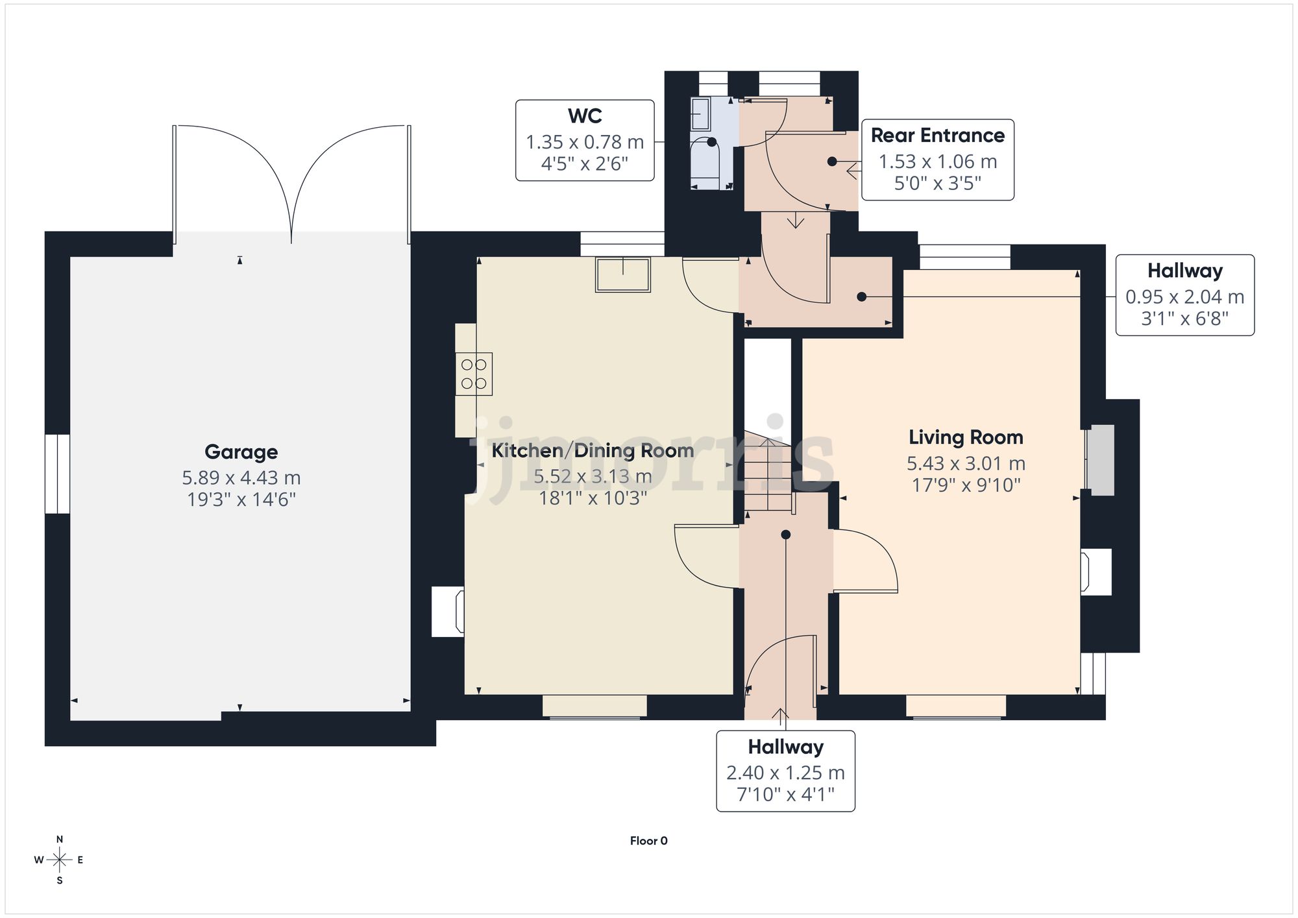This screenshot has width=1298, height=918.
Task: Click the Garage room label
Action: (241, 452)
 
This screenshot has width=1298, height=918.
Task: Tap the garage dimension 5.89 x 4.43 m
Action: (241, 478)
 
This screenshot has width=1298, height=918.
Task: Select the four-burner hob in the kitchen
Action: (474, 374)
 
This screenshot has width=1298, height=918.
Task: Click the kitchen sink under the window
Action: (623, 274)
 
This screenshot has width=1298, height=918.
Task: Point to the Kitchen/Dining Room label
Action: (592, 450)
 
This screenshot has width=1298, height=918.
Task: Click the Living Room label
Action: (966, 437)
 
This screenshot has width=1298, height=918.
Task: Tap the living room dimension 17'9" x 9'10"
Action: (966, 485)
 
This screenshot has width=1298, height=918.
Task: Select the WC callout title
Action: (585, 116)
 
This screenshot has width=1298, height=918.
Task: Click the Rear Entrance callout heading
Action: (937, 136)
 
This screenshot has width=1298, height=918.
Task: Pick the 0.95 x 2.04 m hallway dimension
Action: (1184, 297)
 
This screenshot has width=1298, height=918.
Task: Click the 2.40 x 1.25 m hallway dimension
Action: (785, 773)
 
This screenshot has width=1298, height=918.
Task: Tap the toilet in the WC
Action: (705, 159)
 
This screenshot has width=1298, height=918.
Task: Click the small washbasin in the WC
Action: (700, 114)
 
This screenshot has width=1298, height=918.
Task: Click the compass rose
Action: (59, 860)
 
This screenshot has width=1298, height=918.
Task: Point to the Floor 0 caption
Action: (648, 841)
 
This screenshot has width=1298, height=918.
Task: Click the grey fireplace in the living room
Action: (1101, 460)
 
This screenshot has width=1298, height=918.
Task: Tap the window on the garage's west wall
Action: (57, 474)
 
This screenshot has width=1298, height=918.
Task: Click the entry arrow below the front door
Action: (780, 716)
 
